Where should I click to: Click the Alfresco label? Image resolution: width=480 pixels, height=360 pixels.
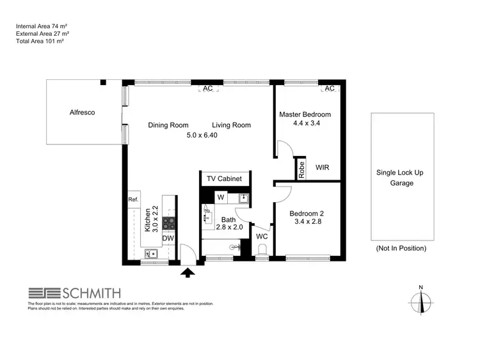82,113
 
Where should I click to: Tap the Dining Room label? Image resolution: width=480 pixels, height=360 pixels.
168,125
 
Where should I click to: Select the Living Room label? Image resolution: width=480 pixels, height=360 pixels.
231,125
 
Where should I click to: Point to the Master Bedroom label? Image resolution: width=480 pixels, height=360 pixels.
304,115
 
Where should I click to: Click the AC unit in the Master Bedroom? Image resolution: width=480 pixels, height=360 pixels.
329,89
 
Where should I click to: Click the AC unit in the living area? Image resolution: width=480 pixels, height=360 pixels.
207,89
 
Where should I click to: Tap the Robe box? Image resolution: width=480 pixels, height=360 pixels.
300,169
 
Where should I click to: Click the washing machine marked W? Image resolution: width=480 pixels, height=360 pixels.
220,197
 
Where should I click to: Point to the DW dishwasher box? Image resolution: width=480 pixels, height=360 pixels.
168,239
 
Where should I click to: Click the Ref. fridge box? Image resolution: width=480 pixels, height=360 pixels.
133,200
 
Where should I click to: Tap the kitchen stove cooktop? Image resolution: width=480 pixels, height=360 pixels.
169,223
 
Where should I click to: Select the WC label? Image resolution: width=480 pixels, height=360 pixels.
261,237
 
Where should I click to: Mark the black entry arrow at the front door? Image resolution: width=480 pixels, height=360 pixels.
188,274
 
